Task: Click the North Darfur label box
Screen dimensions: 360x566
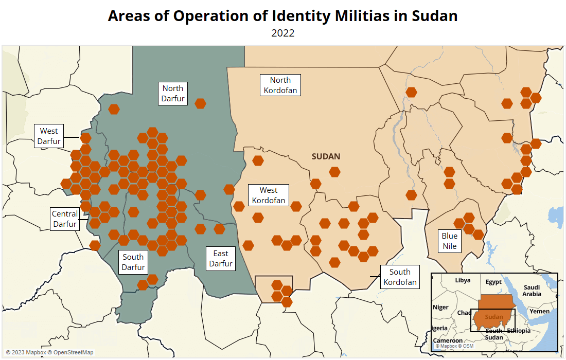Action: (x=173, y=94)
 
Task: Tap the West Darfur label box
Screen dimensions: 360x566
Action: (x=49, y=136)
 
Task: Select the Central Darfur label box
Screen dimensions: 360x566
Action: (x=65, y=219)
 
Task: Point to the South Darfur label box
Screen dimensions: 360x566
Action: (x=133, y=262)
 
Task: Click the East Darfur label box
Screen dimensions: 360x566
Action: (x=221, y=258)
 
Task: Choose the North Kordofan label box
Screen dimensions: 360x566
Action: (x=280, y=85)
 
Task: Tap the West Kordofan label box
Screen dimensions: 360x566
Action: (x=269, y=195)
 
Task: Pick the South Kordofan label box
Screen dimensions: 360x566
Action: (x=400, y=277)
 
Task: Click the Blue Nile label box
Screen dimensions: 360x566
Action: (x=450, y=241)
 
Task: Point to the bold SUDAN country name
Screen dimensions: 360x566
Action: (x=326, y=156)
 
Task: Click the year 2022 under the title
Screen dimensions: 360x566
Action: (x=283, y=33)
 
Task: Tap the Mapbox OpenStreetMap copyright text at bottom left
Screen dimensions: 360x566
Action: (x=50, y=352)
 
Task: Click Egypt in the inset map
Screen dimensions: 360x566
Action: (x=493, y=282)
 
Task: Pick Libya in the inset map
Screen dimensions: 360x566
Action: (x=463, y=280)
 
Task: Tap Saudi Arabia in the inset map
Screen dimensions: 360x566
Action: (x=532, y=291)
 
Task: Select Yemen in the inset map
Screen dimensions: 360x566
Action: (x=540, y=311)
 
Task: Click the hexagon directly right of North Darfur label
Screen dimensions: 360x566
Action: (x=200, y=103)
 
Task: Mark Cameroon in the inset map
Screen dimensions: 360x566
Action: (x=448, y=340)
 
